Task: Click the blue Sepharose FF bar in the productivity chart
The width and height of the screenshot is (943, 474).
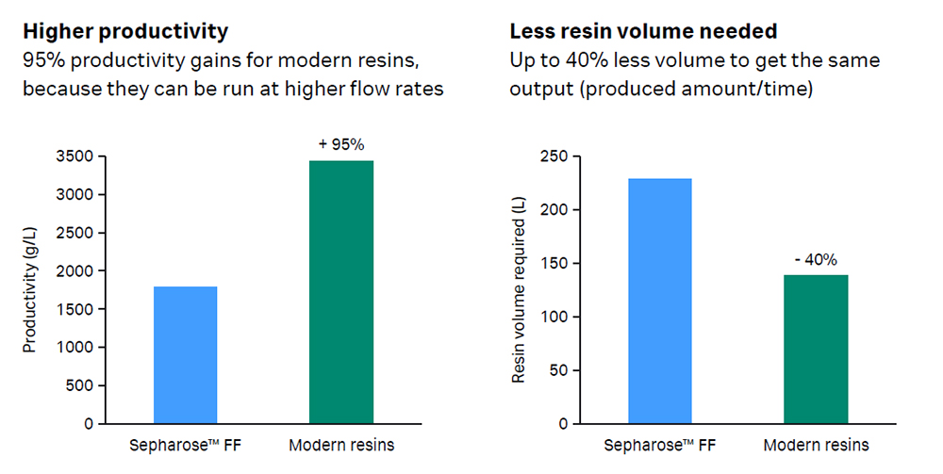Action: point(185,355)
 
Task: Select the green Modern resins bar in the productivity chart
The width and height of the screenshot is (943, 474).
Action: point(341,292)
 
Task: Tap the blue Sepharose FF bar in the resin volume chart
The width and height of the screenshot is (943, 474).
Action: point(660,301)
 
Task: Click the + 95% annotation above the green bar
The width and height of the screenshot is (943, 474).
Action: point(341,144)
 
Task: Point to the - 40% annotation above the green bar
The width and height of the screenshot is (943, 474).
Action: point(816,259)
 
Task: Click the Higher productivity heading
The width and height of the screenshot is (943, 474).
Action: point(125,31)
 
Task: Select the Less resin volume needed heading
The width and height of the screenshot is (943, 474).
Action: point(643,31)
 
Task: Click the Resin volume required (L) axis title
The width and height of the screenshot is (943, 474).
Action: point(518,290)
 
